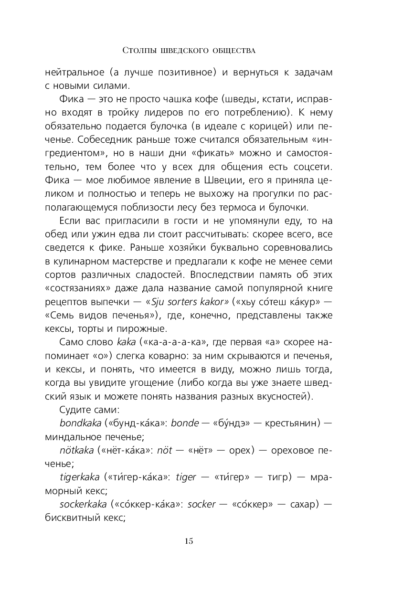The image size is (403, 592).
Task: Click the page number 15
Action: pos(189,541)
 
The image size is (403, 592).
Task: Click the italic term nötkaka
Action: pos(76,450)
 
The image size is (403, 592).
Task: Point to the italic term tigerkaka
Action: pos(80,477)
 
